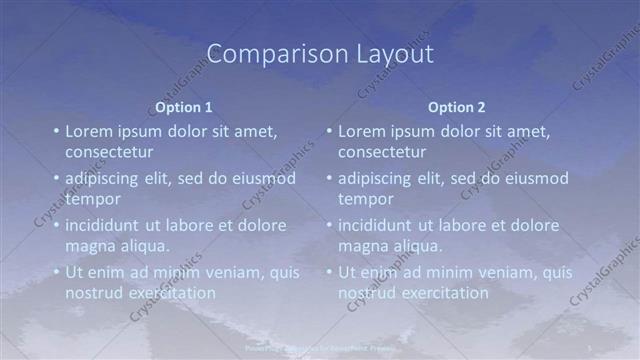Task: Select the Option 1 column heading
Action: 184,107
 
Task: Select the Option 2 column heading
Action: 457,107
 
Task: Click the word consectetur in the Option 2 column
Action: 382,152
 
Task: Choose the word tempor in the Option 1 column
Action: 92,199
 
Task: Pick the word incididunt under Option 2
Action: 376,225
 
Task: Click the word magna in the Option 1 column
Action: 90,246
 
